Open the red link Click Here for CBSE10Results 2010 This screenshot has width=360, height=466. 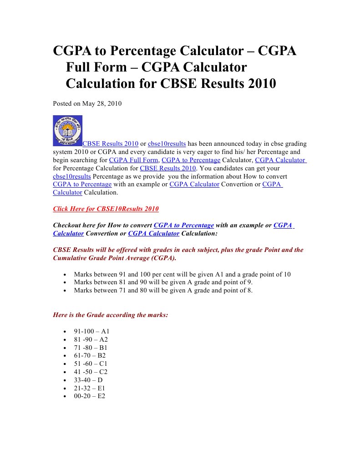106,209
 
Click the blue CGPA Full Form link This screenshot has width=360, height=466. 134,160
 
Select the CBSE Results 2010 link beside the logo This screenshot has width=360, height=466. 110,143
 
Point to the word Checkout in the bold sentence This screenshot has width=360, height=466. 68,225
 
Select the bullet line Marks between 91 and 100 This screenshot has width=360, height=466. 182,274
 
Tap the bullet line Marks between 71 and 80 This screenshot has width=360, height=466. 163,290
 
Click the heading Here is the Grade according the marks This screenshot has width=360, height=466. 111,315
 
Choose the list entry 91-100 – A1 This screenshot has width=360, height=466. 91,331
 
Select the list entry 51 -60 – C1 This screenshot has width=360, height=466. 91,364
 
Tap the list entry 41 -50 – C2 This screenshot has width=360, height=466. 91,372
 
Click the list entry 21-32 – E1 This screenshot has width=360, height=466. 89,388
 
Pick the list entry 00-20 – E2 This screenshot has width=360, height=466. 89,396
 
